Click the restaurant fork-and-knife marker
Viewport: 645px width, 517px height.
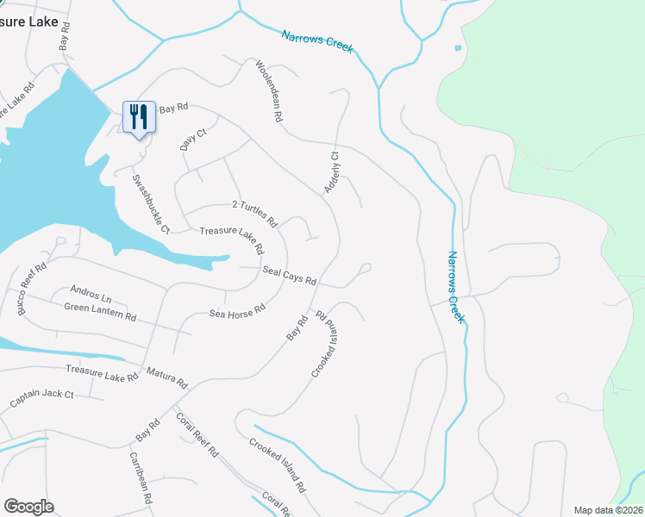pyautogui.click(x=139, y=116)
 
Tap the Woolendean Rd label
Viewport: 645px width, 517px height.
pyautogui.click(x=268, y=90)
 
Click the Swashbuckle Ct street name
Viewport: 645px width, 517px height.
pyautogui.click(x=149, y=203)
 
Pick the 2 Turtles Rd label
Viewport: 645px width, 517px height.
pyautogui.click(x=254, y=213)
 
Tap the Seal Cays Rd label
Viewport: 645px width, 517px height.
pyautogui.click(x=290, y=275)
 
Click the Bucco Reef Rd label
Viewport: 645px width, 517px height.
pyautogui.click(x=32, y=287)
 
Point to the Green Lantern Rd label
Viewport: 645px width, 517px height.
pyautogui.click(x=100, y=311)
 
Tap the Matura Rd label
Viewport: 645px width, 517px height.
pyautogui.click(x=166, y=377)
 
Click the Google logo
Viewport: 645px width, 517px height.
pyautogui.click(x=28, y=507)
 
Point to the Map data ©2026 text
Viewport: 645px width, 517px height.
pyautogui.click(x=608, y=510)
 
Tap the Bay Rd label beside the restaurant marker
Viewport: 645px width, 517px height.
pyautogui.click(x=172, y=108)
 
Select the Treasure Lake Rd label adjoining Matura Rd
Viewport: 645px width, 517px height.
pyautogui.click(x=102, y=373)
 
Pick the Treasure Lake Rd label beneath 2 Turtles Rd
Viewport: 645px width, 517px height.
pyautogui.click(x=231, y=240)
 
